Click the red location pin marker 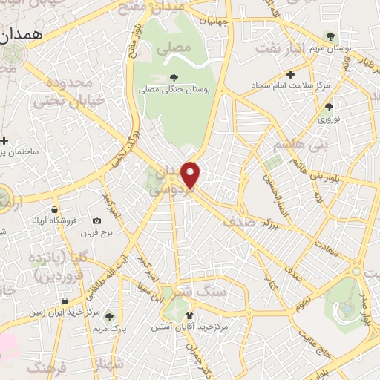[x=191, y=174]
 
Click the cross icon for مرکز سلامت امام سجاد [x=291, y=74]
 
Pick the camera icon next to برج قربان [x=97, y=221]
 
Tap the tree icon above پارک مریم [x=110, y=316]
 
